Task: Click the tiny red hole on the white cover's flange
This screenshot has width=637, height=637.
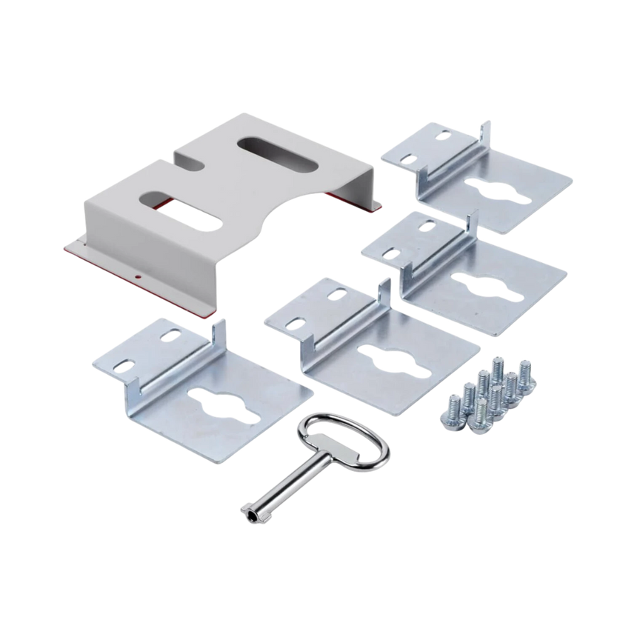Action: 139,279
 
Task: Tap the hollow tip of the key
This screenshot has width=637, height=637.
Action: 244,507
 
